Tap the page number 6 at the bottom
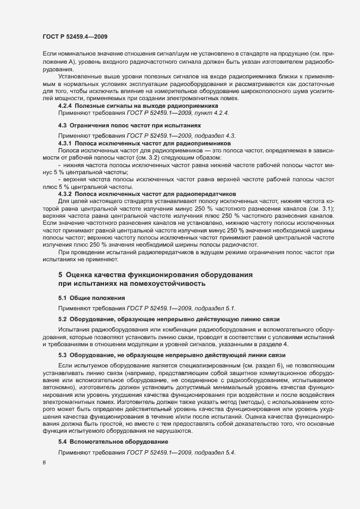click(44, 463)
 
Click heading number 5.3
click(62, 354)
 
